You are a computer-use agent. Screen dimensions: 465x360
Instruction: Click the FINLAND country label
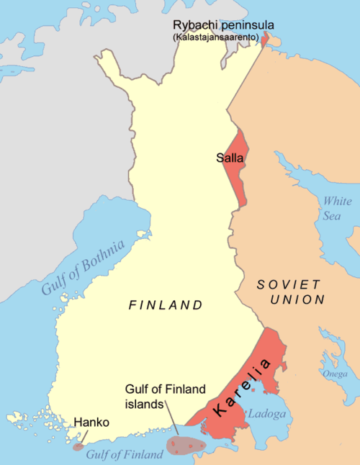click(166, 305)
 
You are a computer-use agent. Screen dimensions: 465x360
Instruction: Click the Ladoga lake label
click(266, 415)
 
